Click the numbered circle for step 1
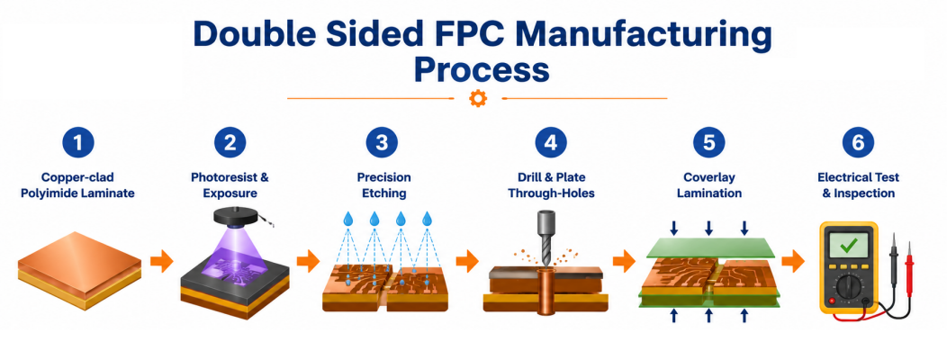point(78,143)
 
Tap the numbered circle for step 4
point(551,143)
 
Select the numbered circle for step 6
point(858,143)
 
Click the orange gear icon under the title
point(478,98)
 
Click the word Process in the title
point(482,69)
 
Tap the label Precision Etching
point(383,185)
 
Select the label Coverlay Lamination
point(709,185)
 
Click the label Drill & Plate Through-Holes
point(551,185)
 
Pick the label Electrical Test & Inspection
point(858,185)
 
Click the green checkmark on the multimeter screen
point(849,245)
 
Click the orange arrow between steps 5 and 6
point(792,262)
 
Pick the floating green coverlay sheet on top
point(708,247)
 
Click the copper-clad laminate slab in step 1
point(80,270)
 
